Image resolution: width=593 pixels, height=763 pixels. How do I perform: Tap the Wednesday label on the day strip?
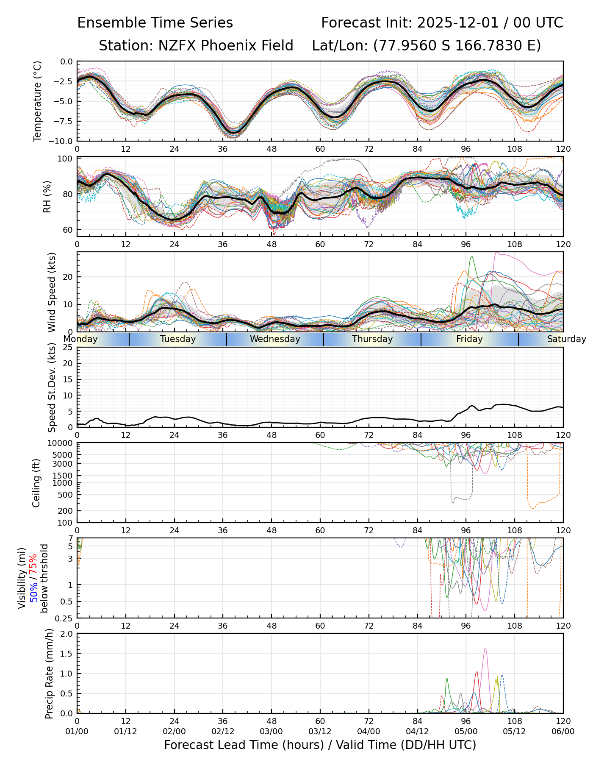275,339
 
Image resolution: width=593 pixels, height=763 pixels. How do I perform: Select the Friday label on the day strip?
469,339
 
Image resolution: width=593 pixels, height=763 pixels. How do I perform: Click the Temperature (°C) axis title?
38,101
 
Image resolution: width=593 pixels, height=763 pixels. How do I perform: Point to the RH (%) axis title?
47,197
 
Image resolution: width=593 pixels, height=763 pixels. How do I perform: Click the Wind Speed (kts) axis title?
52,292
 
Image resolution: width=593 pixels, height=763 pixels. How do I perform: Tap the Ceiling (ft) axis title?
36,483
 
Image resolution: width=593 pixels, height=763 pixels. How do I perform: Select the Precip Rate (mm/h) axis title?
49,673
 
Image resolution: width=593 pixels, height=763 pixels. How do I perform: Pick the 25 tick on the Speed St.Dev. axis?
68,348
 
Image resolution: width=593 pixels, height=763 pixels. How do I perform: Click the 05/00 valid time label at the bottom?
466,732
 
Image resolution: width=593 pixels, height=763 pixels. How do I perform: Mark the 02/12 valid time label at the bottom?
223,732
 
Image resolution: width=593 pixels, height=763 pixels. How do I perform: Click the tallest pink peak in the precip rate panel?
485,649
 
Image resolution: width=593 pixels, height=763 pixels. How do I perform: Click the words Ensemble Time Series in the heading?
155,23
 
